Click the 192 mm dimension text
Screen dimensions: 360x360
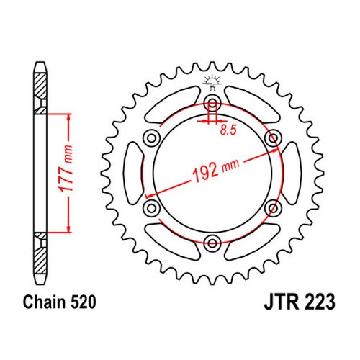[x=216, y=170]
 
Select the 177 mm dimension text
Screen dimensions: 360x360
[x=66, y=168]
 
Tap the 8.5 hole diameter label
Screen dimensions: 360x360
[x=228, y=130]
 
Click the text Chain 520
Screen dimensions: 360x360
[x=60, y=302]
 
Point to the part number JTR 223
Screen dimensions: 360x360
[x=300, y=302]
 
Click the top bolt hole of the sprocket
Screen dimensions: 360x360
[x=212, y=104]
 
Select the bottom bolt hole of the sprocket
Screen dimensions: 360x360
[x=212, y=243]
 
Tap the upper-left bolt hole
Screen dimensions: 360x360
[x=151, y=138]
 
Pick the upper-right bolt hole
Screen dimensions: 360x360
[x=273, y=138]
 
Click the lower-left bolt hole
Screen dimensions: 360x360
[x=151, y=208]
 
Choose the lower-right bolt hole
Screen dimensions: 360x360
[x=273, y=208]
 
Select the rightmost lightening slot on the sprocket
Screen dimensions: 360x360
[x=291, y=173]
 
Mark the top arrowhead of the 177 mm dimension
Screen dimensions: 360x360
[x=69, y=117]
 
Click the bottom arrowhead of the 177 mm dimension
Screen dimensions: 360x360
[x=69, y=229]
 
